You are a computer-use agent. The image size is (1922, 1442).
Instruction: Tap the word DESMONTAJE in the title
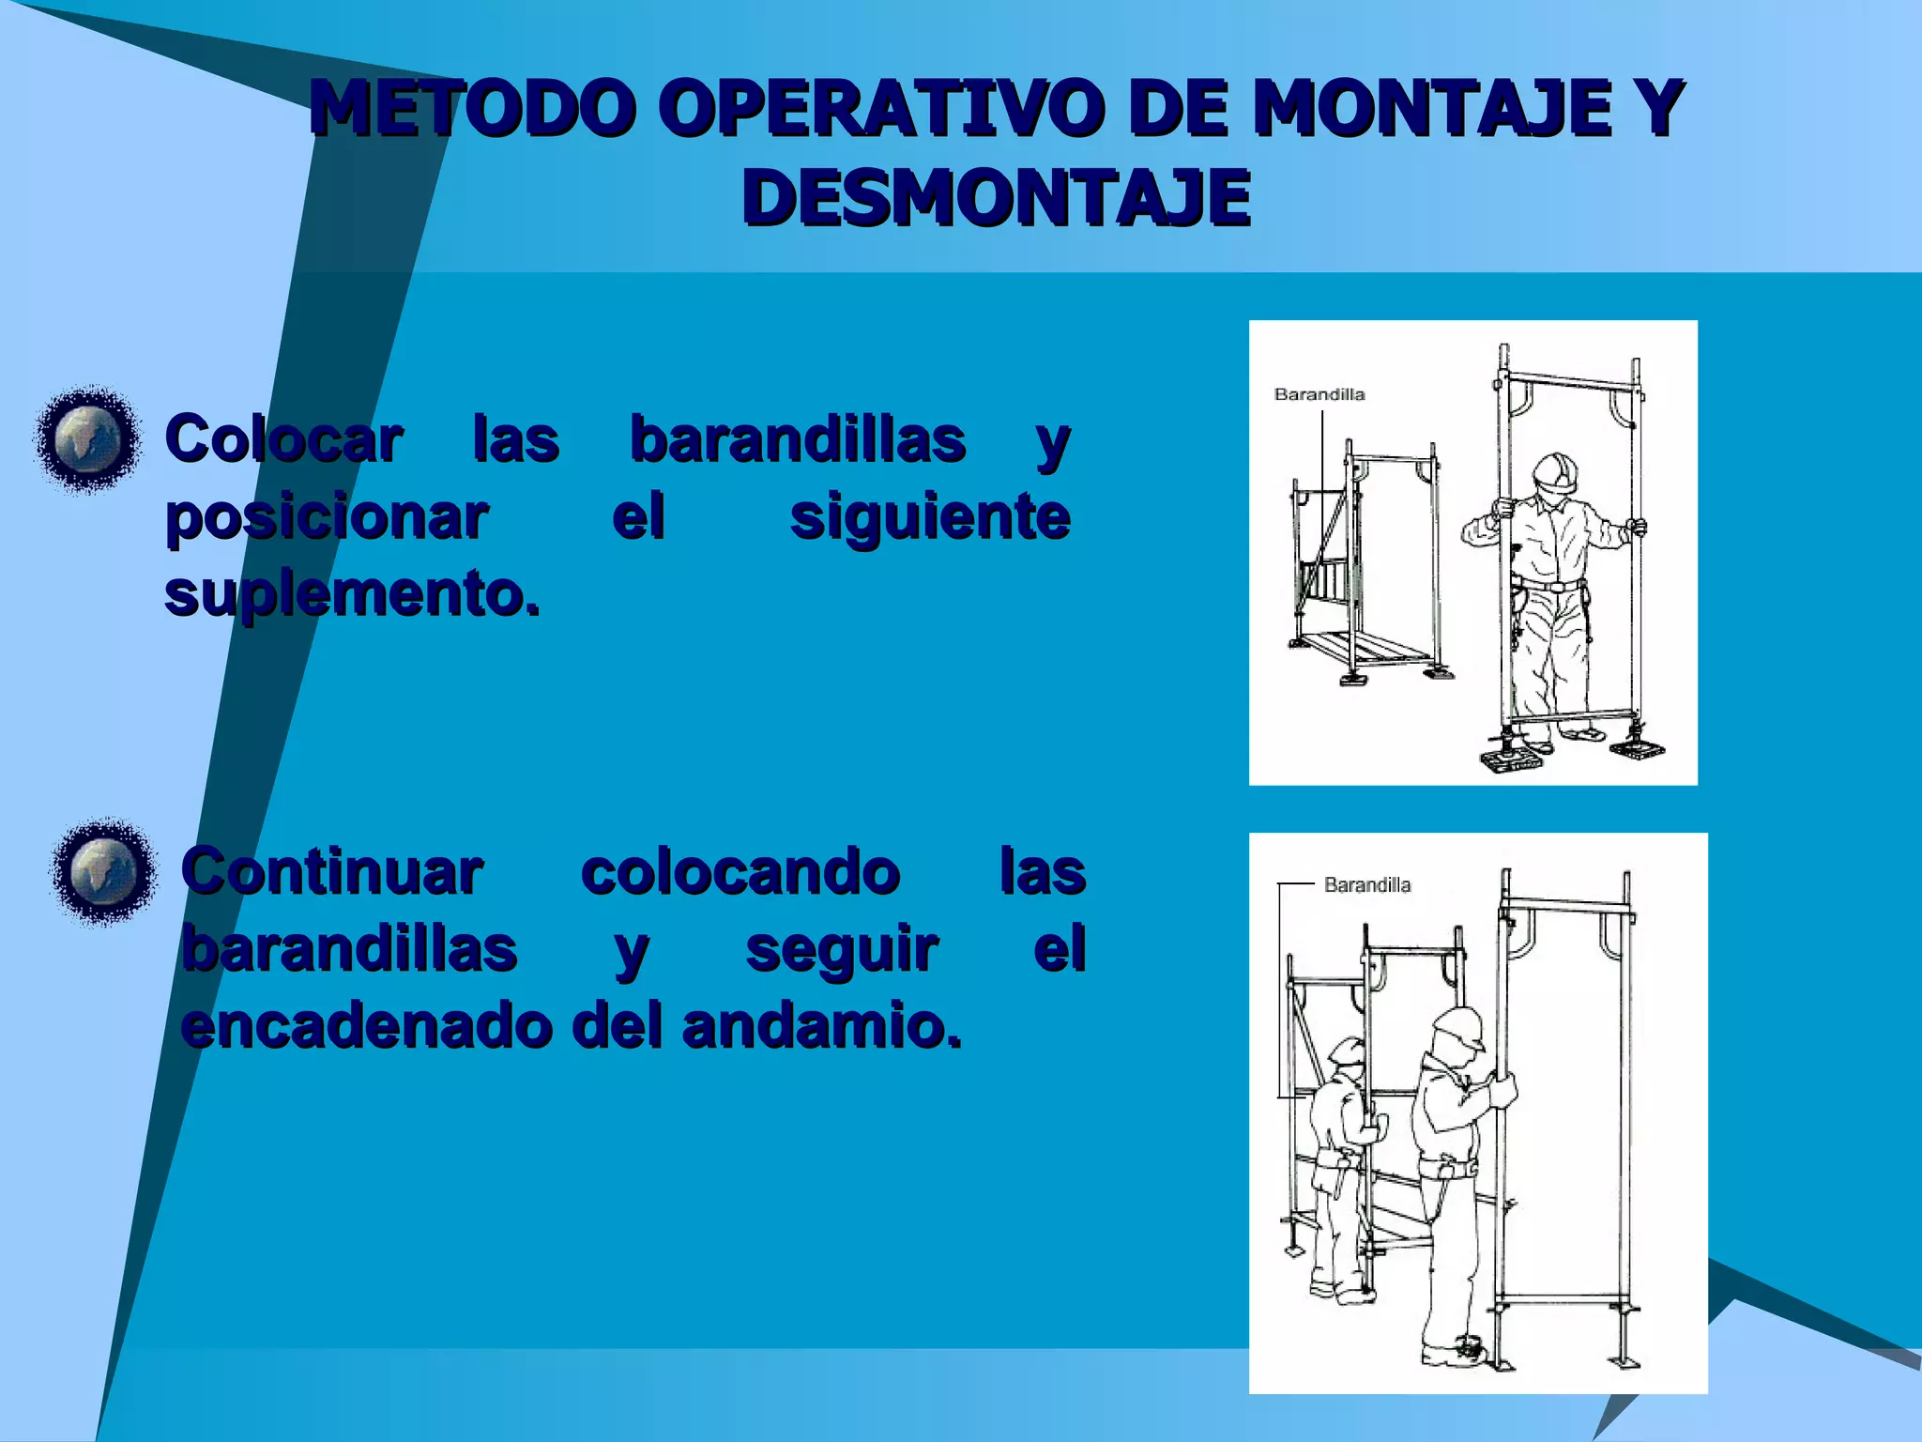996,198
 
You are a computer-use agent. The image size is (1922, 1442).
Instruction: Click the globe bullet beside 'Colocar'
87,438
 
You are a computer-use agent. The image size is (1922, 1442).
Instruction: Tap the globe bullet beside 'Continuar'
103,870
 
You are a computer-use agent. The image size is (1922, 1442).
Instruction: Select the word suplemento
352,592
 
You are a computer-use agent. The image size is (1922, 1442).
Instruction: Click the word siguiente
929,516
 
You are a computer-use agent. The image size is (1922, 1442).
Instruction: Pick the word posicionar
327,516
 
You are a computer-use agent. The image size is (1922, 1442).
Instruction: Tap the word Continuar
332,871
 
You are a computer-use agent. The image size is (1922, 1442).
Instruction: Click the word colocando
740,871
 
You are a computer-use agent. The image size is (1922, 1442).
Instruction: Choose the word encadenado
366,1025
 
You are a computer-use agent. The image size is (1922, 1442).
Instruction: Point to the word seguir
841,948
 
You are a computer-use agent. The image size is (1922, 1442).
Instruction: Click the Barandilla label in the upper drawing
1319,394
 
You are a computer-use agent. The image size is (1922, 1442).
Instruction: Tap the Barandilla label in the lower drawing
1366,884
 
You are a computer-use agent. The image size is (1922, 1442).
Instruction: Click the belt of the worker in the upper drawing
1553,586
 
